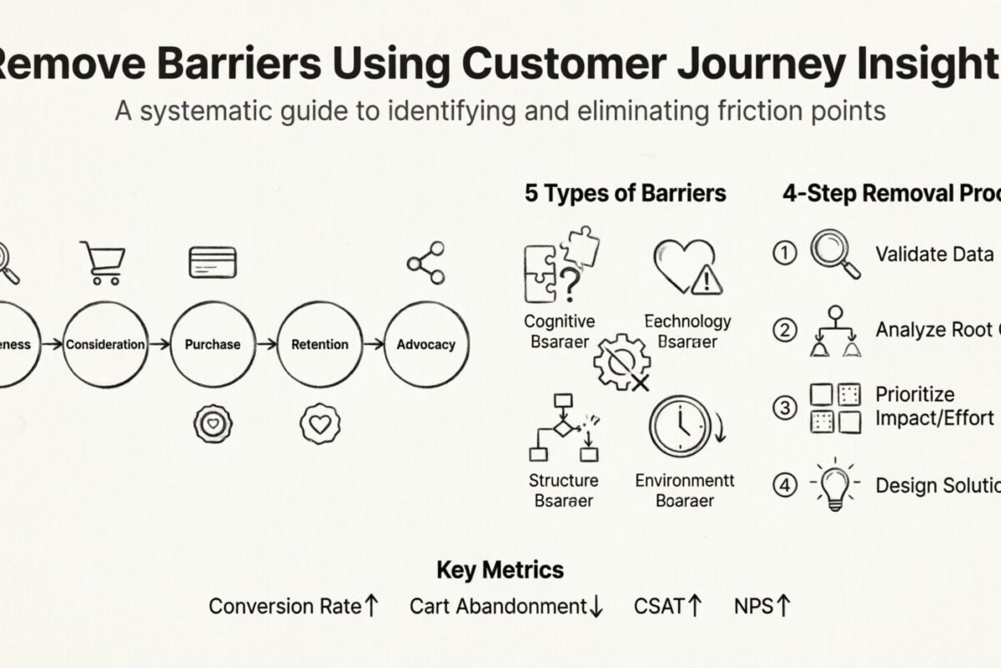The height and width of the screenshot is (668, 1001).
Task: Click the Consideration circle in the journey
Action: [105, 344]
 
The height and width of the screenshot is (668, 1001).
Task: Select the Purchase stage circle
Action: [212, 344]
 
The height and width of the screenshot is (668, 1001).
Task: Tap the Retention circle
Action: [319, 344]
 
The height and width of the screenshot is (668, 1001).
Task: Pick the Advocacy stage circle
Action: [426, 344]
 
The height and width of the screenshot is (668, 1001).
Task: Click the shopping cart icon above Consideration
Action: [103, 262]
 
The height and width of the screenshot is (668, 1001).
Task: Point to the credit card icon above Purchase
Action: [213, 262]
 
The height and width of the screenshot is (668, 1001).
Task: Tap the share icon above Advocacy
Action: [425, 262]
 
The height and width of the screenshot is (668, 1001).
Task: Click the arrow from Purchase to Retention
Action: [265, 344]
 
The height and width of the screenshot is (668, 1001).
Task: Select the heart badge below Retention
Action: [319, 423]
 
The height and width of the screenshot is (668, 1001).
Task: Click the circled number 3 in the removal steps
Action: [785, 407]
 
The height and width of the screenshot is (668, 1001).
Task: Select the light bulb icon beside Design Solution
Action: [835, 484]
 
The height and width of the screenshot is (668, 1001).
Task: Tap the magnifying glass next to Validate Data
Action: [835, 254]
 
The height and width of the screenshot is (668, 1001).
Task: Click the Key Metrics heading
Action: [500, 570]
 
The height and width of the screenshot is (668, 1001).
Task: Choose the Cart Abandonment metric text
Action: [498, 606]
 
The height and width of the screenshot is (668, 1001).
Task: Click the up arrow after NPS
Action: [782, 605]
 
